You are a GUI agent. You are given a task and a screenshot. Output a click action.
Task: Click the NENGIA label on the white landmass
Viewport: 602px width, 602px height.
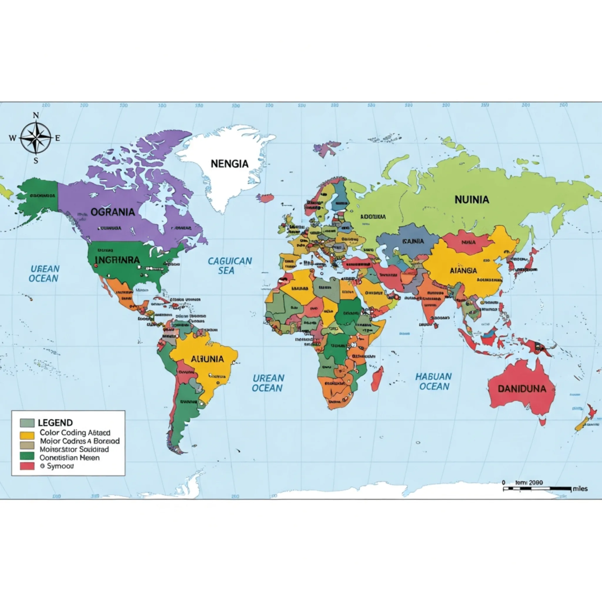coord(229,164)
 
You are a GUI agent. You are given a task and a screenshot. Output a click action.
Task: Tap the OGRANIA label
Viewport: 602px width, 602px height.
coord(113,212)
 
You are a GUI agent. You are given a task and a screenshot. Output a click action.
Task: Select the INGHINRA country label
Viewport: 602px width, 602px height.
coord(117,260)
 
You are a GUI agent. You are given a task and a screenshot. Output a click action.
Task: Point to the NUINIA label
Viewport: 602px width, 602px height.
coord(472,200)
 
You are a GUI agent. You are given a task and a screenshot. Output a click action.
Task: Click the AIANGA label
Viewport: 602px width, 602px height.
coord(463,270)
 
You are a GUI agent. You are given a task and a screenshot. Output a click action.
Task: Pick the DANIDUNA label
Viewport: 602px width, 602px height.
coord(522,388)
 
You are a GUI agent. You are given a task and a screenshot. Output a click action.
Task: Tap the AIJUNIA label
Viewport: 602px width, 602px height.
coord(207,359)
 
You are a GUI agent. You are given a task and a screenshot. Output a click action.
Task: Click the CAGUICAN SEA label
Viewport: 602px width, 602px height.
coord(230,265)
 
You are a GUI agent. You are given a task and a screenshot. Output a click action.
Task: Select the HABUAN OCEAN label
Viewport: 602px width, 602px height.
coord(434,381)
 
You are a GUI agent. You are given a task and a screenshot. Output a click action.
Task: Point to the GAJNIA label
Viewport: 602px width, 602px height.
coord(413,241)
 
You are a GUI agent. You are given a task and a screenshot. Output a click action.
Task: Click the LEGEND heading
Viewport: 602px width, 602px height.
coord(55,422)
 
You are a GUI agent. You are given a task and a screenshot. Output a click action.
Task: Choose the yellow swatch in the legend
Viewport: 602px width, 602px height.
coord(27,435)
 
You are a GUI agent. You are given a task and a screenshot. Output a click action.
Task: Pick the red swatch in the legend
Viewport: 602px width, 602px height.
coord(27,466)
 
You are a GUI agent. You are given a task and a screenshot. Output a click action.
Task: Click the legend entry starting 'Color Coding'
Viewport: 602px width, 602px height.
coord(75,432)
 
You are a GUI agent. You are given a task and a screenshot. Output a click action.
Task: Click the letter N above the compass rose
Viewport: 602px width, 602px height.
coord(36,115)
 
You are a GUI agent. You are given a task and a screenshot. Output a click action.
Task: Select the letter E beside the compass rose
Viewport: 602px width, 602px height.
coord(57,138)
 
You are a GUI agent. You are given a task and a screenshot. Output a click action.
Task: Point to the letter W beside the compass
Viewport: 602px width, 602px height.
coord(13,138)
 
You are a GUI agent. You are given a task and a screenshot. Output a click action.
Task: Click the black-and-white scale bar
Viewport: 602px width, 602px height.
coord(537,488)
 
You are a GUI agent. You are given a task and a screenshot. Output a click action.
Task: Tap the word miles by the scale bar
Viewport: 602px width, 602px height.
coord(580,489)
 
